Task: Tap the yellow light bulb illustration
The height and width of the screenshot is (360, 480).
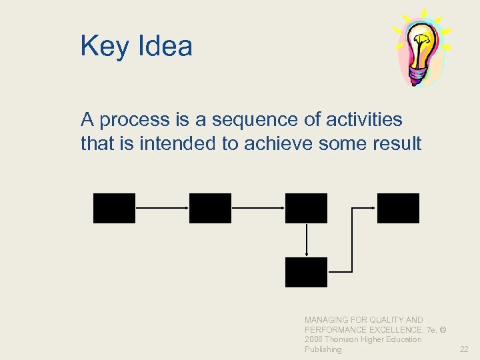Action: (x=423, y=41)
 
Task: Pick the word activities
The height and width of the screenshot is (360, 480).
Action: (x=365, y=119)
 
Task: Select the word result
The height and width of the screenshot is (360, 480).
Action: (x=396, y=143)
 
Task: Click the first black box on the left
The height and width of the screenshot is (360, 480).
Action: (x=114, y=208)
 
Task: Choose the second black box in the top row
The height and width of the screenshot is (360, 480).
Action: (x=210, y=208)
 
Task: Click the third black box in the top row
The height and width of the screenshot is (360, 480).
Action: (x=306, y=208)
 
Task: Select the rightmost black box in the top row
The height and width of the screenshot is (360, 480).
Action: (x=398, y=208)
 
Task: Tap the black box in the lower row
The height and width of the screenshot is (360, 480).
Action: (x=306, y=272)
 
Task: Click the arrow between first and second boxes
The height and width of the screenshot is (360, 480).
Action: (x=162, y=208)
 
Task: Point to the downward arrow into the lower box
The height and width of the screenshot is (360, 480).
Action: (x=306, y=240)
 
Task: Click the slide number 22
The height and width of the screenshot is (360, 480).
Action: (x=464, y=349)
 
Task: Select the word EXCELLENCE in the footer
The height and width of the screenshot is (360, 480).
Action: (x=387, y=330)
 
